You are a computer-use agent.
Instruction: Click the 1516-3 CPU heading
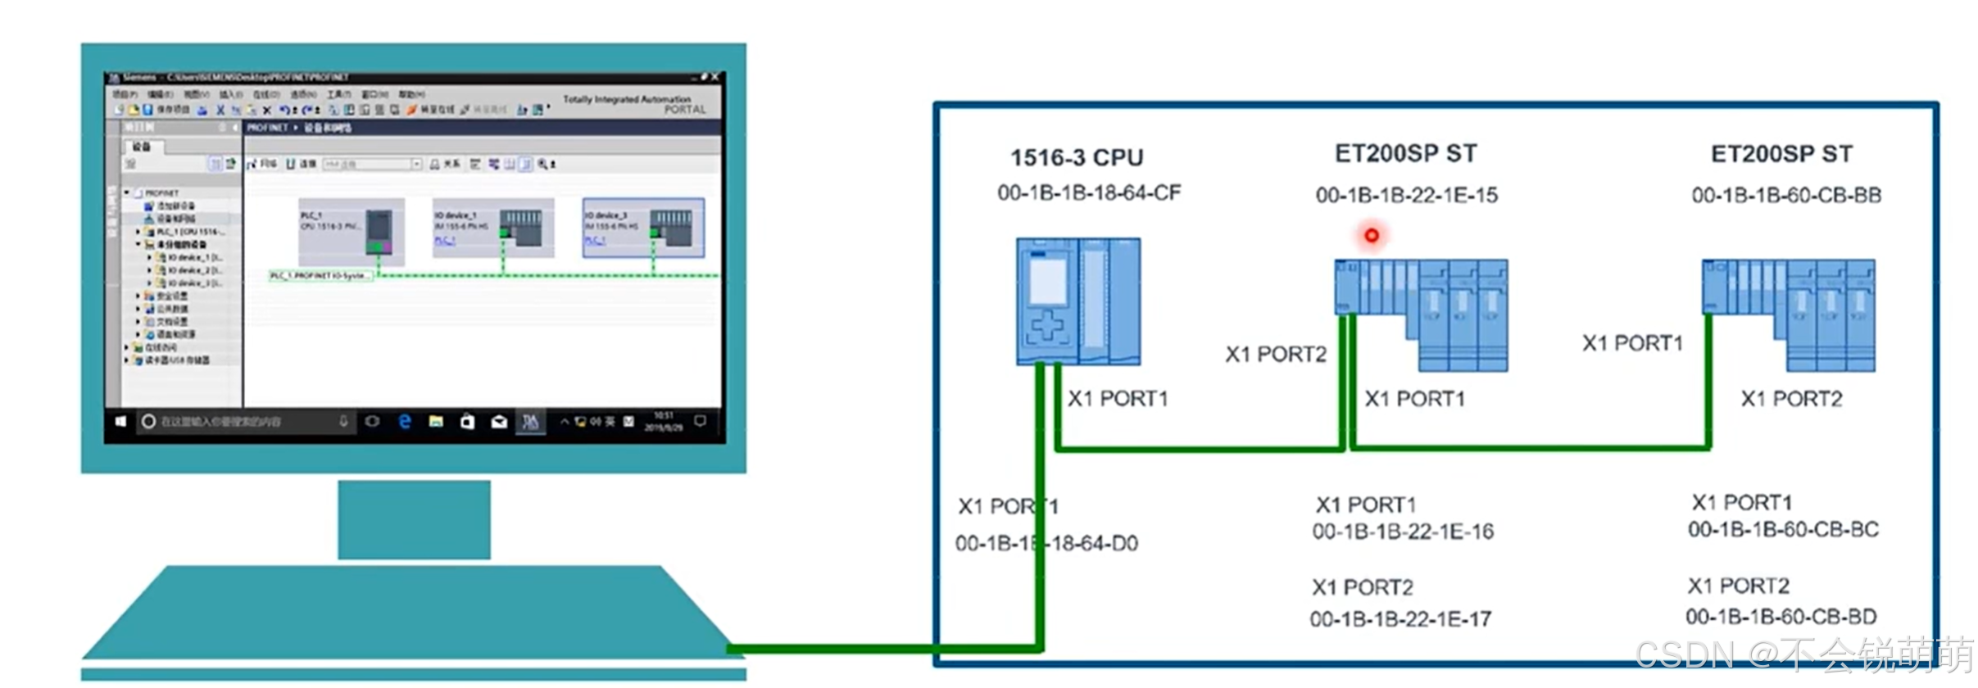(1076, 156)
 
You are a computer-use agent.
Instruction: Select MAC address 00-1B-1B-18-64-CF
(1089, 192)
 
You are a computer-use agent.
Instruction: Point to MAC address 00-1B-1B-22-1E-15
(1406, 195)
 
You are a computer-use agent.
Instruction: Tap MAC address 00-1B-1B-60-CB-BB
(1786, 195)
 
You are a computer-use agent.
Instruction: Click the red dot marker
(1372, 236)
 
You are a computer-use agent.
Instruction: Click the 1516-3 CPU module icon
(1077, 301)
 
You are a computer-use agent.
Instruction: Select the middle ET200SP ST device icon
(1421, 315)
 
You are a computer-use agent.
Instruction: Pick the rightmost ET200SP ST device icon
(1788, 315)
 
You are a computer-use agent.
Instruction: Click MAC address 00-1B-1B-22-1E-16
(1403, 532)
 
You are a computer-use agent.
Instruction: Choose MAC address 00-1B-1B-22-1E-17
(1400, 619)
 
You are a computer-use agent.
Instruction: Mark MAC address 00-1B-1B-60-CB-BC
(1783, 529)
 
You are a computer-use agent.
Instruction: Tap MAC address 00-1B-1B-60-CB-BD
(1781, 616)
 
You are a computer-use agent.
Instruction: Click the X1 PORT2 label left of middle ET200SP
(1275, 354)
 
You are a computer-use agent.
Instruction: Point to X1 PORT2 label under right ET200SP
(1791, 399)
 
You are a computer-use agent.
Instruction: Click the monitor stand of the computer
(414, 519)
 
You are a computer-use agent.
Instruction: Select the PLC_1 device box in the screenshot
(351, 231)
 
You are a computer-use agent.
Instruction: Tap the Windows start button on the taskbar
(120, 421)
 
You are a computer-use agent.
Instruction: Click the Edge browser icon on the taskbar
(404, 421)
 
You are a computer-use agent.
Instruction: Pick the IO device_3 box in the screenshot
(642, 228)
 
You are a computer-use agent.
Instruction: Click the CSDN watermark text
(1803, 655)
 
